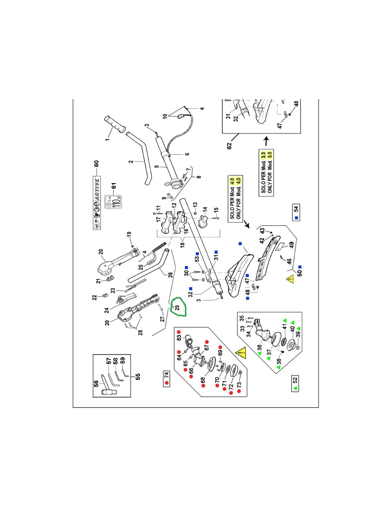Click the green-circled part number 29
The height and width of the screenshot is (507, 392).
(x=177, y=307)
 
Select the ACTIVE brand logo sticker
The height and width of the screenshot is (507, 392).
(x=97, y=203)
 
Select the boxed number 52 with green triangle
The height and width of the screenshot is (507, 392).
(x=295, y=384)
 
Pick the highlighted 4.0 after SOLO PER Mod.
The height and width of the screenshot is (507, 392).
(x=232, y=181)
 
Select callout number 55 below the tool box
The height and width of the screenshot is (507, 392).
(x=138, y=376)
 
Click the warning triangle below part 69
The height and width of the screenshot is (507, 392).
(x=241, y=353)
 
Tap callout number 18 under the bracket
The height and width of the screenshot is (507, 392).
(x=182, y=245)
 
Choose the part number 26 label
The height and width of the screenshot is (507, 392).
(x=170, y=275)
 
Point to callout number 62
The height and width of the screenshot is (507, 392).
(x=229, y=146)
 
